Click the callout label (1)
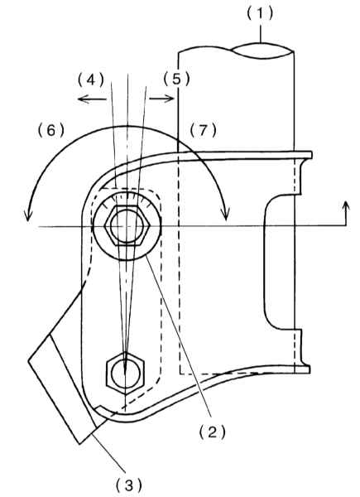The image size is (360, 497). pos(260,14)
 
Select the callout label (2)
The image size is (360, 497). pos(213,432)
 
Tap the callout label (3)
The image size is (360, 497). pos(128,485)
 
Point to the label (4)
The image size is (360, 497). pos(91,80)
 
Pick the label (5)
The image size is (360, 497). pos(176,80)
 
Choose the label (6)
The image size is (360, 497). pos(51,130)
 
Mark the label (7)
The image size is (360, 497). pos(203,130)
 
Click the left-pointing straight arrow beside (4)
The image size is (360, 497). pos(92,99)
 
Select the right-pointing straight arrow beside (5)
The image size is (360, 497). pos(161,99)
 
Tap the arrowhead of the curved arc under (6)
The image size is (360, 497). pos(28,216)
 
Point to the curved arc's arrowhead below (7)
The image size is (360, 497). pos(226,215)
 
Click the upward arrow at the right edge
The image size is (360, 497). pos(346,213)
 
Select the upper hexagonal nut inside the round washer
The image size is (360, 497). pos(127,225)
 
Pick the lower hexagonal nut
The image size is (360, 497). pos(126,373)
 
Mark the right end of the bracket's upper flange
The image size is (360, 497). pos(311,155)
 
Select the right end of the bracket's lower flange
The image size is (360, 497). pos(309,369)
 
